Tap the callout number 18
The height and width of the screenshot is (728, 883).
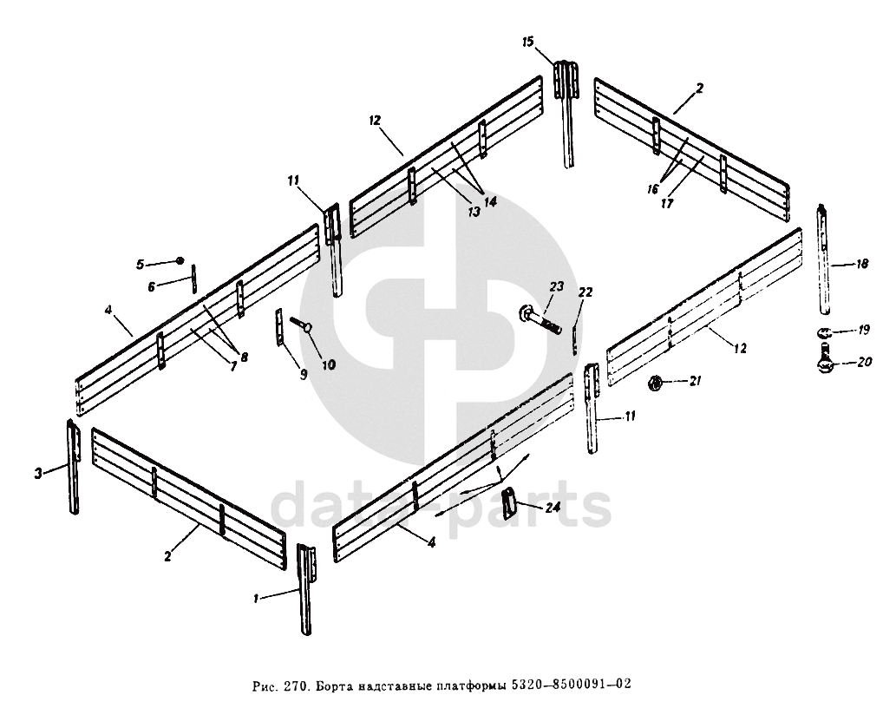pos(861,264)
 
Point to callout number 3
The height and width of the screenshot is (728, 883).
pos(38,473)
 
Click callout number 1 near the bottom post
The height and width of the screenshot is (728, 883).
pos(257,599)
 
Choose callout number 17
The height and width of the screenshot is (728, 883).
pos(667,205)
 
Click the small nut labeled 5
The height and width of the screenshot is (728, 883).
pos(180,260)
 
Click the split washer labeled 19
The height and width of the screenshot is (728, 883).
pos(825,331)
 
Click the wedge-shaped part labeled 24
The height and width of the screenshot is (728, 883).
pos(511,502)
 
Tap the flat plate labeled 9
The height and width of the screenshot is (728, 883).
pos(279,328)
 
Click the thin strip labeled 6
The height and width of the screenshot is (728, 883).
pos(195,279)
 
